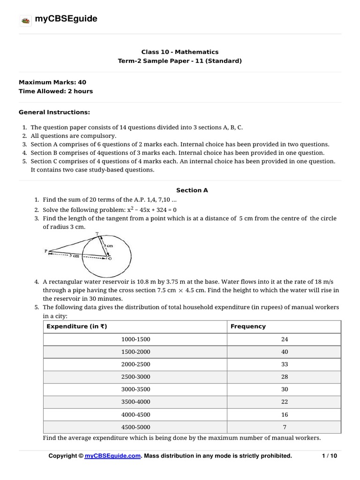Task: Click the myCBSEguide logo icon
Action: [x=25, y=20]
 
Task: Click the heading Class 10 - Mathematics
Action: [x=180, y=52]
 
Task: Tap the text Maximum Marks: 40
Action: [x=52, y=82]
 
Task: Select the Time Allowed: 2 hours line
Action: [x=55, y=91]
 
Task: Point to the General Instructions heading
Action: [x=54, y=112]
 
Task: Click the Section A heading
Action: [x=192, y=190]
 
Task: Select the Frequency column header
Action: [x=248, y=326]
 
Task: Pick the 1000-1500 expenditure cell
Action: [x=136, y=339]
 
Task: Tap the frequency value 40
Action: [x=285, y=352]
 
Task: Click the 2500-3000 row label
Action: [x=136, y=377]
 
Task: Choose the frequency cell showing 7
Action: [x=285, y=427]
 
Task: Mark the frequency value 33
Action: [x=285, y=364]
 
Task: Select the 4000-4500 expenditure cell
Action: [x=136, y=414]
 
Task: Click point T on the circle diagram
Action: [x=97, y=234]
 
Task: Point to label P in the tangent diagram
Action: [x=46, y=251]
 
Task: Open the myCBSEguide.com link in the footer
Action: [x=113, y=456]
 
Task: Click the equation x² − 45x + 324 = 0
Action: [x=136, y=210]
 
